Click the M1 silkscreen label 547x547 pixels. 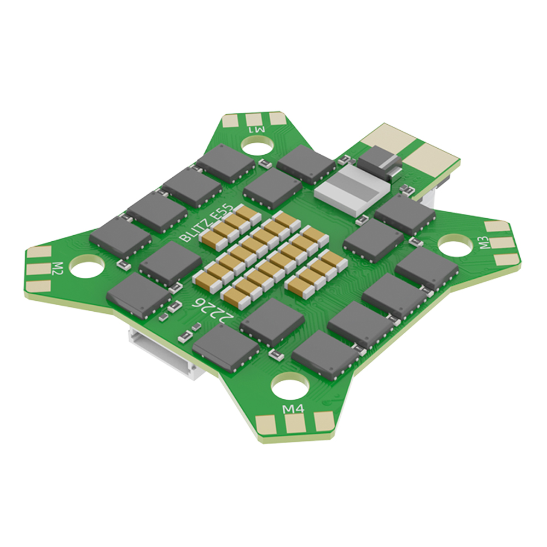[257, 130]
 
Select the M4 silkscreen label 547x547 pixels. [294, 408]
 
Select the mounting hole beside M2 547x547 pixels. [87, 266]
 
